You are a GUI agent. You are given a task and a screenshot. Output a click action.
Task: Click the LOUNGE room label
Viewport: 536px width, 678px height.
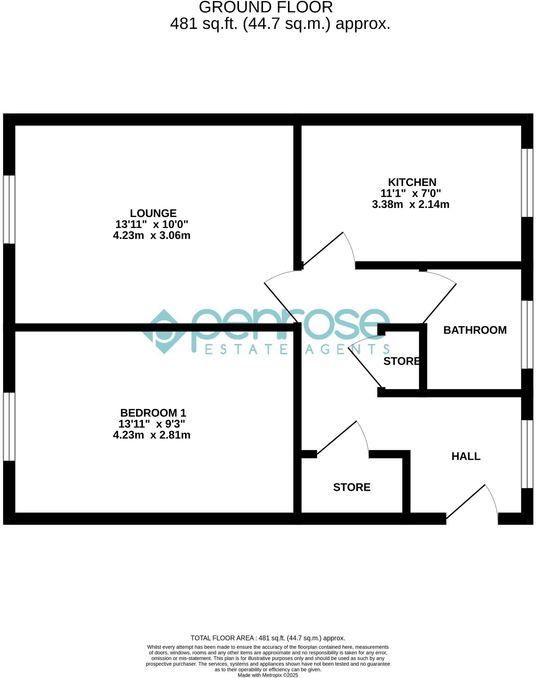pyautogui.click(x=153, y=213)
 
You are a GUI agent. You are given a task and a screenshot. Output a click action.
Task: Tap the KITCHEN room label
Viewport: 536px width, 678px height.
pyautogui.click(x=412, y=182)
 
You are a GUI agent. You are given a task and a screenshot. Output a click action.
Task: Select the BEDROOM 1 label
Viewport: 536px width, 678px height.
pyautogui.click(x=153, y=413)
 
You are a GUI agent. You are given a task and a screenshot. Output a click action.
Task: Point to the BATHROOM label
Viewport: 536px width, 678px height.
pyautogui.click(x=475, y=330)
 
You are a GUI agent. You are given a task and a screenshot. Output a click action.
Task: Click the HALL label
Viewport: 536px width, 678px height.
pyautogui.click(x=466, y=456)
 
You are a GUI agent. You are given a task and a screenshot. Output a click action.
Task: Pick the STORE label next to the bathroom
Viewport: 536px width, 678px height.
pyautogui.click(x=402, y=361)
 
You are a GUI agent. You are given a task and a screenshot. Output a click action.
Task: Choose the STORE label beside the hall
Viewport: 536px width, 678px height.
pyautogui.click(x=352, y=487)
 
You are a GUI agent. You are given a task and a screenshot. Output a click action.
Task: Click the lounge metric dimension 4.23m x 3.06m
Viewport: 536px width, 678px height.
pyautogui.click(x=152, y=235)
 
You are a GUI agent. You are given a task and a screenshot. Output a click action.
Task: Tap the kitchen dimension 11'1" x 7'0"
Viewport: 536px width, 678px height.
pyautogui.click(x=410, y=193)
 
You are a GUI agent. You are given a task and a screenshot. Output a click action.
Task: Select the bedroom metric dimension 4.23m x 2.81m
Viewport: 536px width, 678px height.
pyautogui.click(x=152, y=435)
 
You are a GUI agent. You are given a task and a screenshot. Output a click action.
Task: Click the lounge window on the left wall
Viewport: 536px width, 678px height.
pyautogui.click(x=9, y=209)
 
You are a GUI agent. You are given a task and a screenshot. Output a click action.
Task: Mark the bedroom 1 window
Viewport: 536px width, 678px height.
pyautogui.click(x=9, y=426)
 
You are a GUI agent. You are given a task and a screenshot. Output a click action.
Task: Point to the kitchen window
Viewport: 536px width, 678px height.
pyautogui.click(x=527, y=183)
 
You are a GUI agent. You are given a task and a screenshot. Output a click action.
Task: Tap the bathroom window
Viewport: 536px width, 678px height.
pyautogui.click(x=527, y=334)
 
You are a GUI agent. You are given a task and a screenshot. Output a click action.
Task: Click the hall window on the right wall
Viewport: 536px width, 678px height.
pyautogui.click(x=527, y=454)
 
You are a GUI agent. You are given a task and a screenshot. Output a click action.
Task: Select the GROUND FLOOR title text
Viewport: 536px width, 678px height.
pyautogui.click(x=266, y=7)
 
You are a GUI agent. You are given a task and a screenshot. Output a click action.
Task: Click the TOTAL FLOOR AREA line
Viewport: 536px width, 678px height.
pyautogui.click(x=268, y=638)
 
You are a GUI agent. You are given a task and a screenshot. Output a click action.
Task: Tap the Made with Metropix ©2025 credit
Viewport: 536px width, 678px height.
pyautogui.click(x=268, y=675)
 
